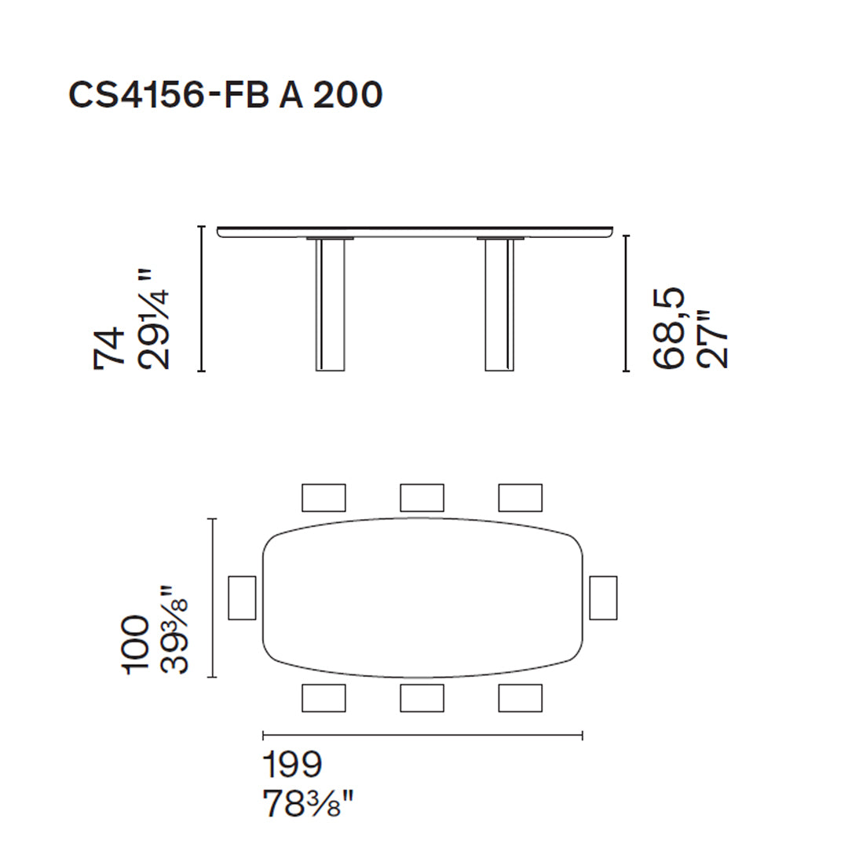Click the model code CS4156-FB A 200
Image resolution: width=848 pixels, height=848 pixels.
click(225, 95)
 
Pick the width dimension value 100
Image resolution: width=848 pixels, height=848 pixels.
click(136, 644)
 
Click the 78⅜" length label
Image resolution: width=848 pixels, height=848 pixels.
click(308, 804)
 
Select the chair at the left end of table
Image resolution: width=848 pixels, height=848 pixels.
click(242, 598)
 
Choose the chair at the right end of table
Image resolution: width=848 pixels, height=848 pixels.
click(603, 598)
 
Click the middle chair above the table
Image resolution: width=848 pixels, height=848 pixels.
click(422, 497)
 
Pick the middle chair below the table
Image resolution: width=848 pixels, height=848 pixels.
click(422, 698)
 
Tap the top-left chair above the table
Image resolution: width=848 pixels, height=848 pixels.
click(323, 497)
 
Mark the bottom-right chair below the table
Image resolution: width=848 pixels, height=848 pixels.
click(520, 698)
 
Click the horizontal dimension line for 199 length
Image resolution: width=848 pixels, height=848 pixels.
click(422, 736)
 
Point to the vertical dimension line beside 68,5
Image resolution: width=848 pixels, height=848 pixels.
click(626, 303)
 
